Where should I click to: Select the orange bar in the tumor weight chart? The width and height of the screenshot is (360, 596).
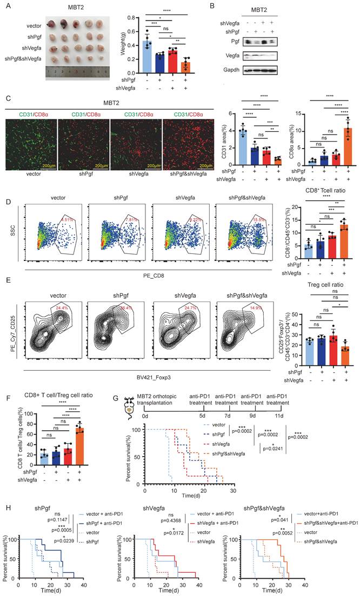tap(201, 66)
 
